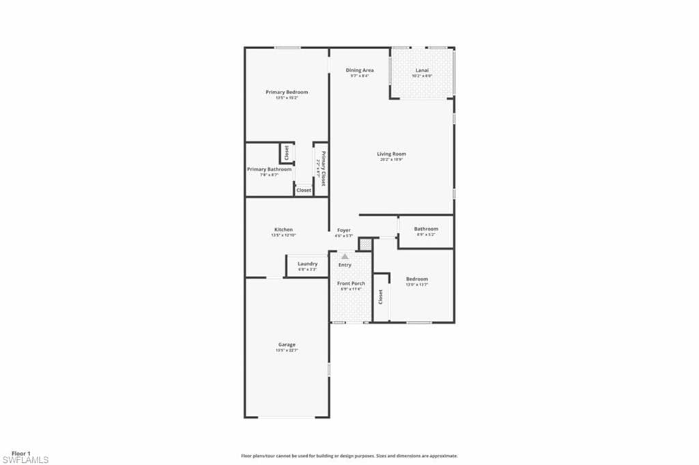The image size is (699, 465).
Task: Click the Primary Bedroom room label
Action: click(x=287, y=92)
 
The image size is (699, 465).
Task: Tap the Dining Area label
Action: click(x=359, y=70)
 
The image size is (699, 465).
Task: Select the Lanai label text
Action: click(x=422, y=70)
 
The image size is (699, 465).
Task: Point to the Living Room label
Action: click(x=392, y=154)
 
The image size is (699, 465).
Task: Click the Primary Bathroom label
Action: click(x=269, y=169)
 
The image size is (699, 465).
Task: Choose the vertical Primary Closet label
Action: click(x=324, y=169)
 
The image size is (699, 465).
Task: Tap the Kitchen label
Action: click(x=284, y=229)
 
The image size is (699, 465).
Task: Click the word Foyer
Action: click(x=344, y=230)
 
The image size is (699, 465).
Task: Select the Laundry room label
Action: click(x=307, y=264)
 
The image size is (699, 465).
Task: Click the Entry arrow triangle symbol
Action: click(x=345, y=256)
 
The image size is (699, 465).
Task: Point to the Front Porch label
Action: click(x=351, y=283)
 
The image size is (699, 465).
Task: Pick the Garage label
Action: click(x=287, y=345)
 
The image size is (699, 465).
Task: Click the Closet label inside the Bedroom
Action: click(x=381, y=297)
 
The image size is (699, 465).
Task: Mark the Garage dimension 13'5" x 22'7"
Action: click(x=287, y=350)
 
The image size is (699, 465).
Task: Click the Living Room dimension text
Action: click(x=392, y=160)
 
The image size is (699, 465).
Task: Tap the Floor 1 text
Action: click(x=20, y=453)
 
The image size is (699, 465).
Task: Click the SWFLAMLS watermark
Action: click(x=25, y=460)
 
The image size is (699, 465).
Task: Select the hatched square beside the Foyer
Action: click(x=365, y=244)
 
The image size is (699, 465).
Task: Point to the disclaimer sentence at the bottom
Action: click(x=349, y=455)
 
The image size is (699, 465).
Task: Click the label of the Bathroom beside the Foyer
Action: click(x=426, y=229)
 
